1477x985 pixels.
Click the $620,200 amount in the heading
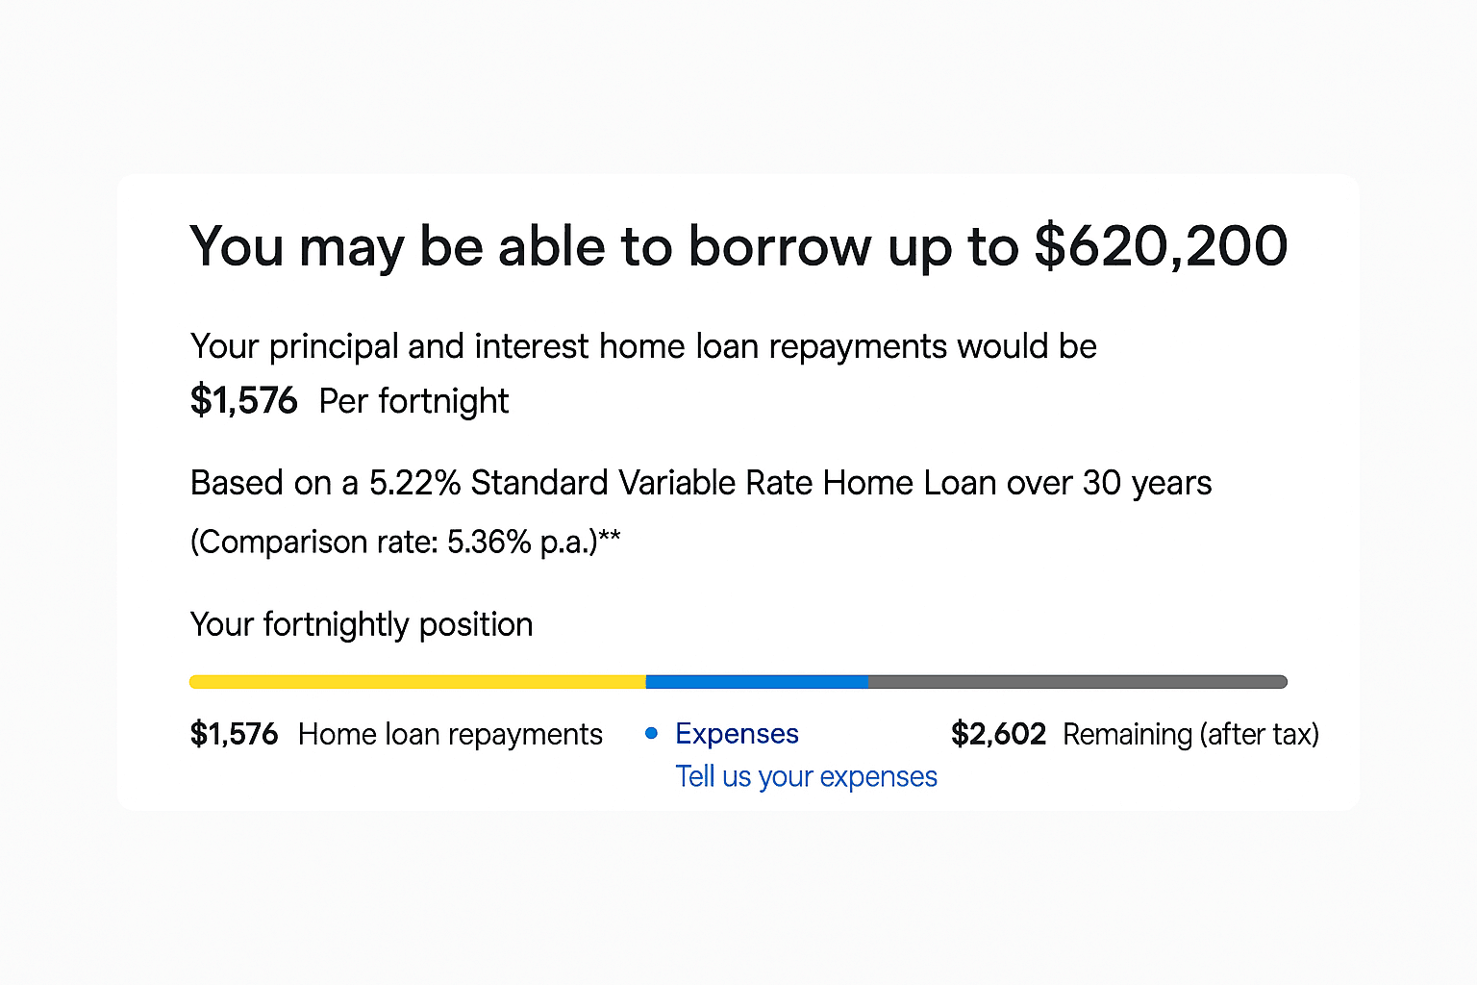click(x=1162, y=247)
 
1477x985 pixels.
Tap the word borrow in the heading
click(x=780, y=245)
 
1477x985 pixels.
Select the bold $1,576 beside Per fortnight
click(x=243, y=400)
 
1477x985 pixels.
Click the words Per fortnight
click(x=414, y=400)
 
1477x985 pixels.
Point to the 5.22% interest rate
click(x=414, y=482)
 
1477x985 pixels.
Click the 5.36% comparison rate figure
click(x=488, y=542)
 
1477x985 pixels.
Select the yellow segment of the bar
click(x=417, y=682)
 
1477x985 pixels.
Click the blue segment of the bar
click(x=757, y=682)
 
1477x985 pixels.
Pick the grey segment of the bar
click(x=1078, y=682)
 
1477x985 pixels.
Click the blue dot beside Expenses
click(x=651, y=733)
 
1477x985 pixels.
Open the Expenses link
click(x=738, y=734)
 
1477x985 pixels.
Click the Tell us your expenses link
click(x=807, y=776)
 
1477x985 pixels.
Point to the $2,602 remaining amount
click(x=998, y=734)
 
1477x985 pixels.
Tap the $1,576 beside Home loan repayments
click(x=234, y=734)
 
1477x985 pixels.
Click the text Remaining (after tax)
click(x=1190, y=734)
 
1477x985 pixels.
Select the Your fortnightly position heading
click(x=362, y=624)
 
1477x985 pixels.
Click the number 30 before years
click(x=1102, y=482)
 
